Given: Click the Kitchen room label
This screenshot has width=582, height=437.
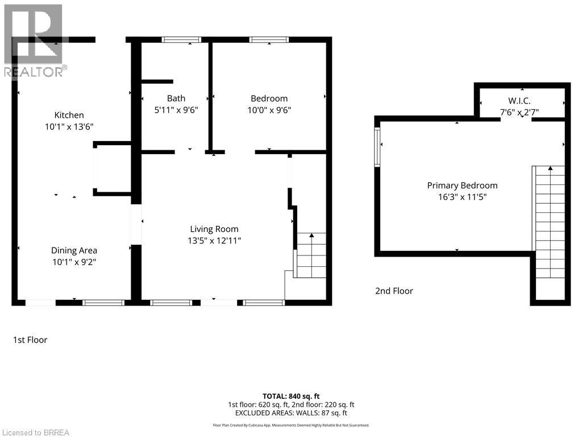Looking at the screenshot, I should [69, 115].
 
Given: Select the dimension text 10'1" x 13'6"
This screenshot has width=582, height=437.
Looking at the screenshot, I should [69, 127].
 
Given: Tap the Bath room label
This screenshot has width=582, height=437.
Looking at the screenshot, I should [176, 98].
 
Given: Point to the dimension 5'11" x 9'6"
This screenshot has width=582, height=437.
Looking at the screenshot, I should [176, 110].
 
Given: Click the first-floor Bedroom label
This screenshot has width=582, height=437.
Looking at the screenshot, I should [269, 98].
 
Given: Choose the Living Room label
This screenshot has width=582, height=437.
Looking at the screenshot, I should [214, 229].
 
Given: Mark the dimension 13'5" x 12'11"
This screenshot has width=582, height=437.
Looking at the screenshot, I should [214, 241].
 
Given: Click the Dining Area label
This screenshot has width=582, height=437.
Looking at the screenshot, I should [74, 250].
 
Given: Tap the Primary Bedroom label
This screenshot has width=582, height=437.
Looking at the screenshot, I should [462, 185].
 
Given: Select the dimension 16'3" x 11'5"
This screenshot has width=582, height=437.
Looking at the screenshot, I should [462, 197].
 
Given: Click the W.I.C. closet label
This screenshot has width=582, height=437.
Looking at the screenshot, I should [519, 101].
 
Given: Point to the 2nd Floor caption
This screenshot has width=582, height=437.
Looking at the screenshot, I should [394, 291].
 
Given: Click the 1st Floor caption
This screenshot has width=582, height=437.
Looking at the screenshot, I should [30, 340].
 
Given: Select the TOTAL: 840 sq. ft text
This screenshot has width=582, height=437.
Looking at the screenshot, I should [290, 396].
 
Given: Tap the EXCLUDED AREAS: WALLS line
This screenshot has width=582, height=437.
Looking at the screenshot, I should [290, 413].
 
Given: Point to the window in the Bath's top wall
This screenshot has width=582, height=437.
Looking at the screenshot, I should [181, 39].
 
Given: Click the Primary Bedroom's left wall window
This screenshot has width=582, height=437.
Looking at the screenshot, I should [377, 147].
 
